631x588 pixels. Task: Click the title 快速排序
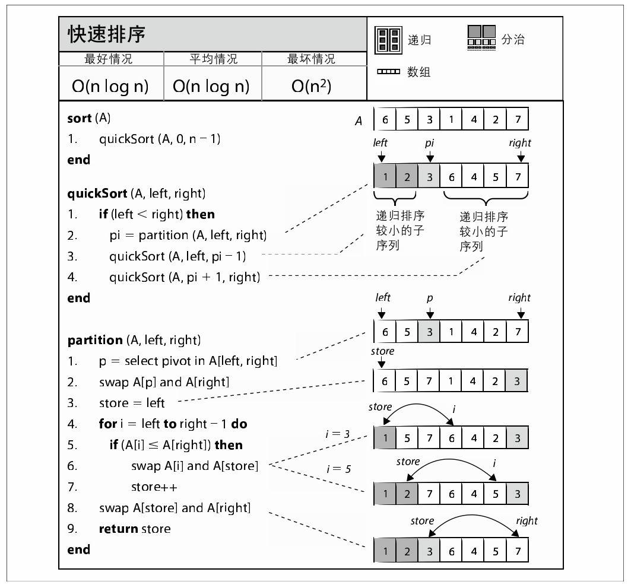coord(107,34)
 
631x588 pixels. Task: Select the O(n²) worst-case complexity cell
coord(311,86)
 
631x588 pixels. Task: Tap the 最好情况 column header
coord(109,59)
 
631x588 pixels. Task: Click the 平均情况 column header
coord(213,59)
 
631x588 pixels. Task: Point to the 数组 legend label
coord(418,72)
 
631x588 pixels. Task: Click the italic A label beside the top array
coord(359,122)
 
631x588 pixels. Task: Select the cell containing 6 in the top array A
coord(385,120)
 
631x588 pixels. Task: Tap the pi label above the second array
coord(430,143)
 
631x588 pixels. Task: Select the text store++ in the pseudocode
coord(154,487)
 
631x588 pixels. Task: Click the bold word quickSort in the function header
coord(97,193)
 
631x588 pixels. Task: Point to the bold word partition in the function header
coord(95,340)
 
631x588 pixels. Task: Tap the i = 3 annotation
coord(338,434)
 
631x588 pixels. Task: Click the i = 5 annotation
coord(339,469)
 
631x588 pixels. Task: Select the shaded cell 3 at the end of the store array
coord(517,382)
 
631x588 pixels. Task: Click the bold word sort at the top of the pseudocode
coord(80,118)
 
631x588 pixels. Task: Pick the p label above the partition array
coord(430,298)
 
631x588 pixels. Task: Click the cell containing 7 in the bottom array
coord(518,551)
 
